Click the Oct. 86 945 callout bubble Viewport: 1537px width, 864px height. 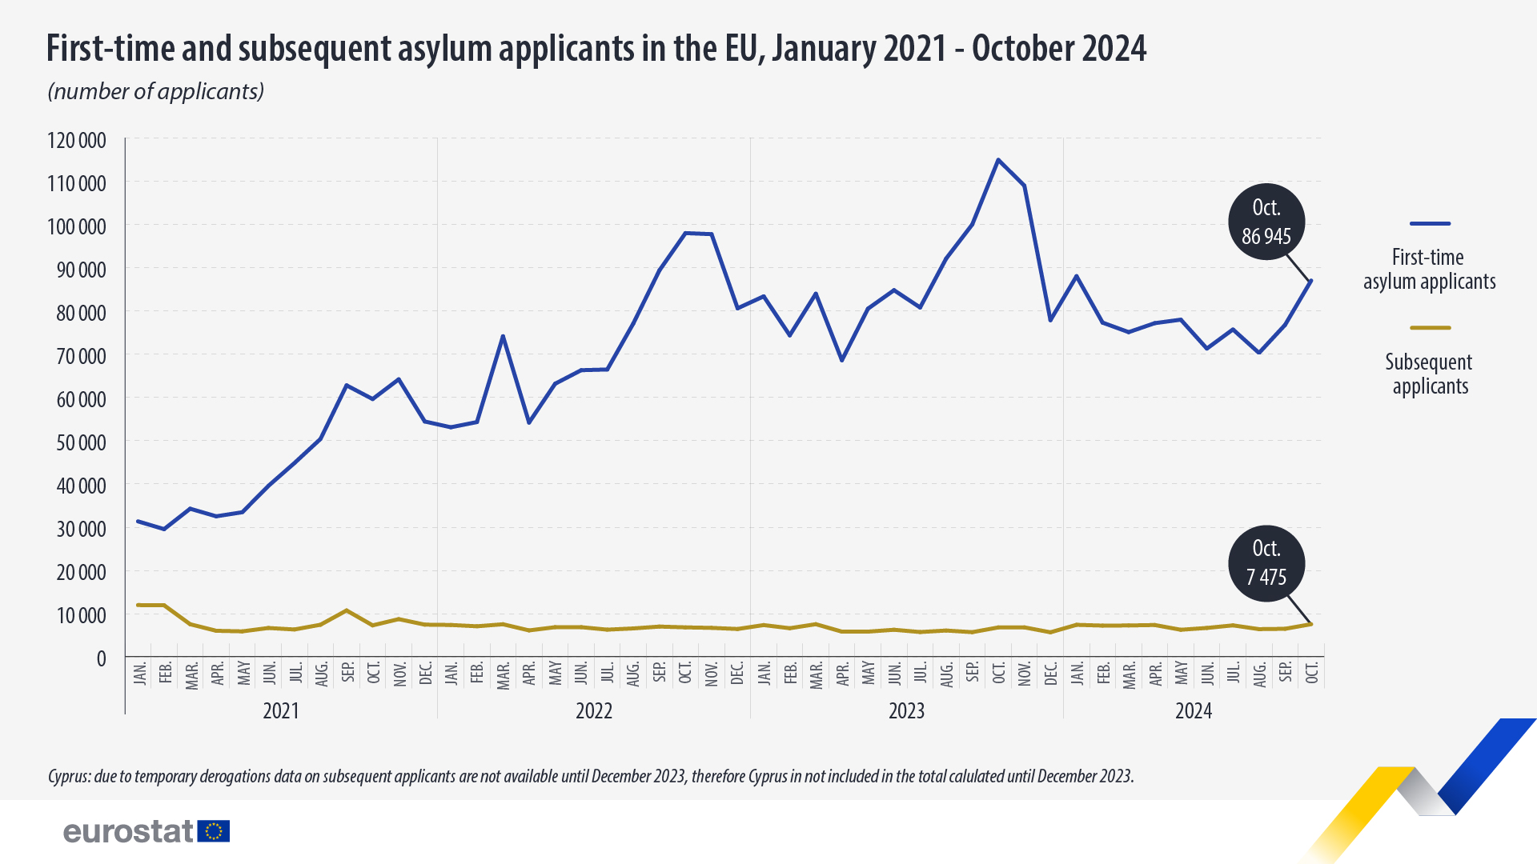[x=1266, y=222]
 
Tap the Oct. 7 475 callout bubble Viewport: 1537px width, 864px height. [x=1266, y=563]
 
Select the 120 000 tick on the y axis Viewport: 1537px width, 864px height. [x=77, y=141]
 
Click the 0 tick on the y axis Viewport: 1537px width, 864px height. [x=101, y=658]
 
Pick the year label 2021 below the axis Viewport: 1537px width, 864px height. [x=281, y=711]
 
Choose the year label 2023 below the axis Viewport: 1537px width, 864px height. [x=906, y=711]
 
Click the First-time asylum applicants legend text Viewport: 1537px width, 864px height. [x=1429, y=270]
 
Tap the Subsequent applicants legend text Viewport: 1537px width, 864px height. [x=1430, y=374]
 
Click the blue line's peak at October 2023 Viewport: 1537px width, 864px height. [x=997, y=160]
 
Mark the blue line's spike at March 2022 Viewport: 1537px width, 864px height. [x=503, y=336]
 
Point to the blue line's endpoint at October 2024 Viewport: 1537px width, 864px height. [x=1310, y=281]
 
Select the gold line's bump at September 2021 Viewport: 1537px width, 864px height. [x=347, y=610]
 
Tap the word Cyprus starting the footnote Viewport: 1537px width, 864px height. [x=69, y=776]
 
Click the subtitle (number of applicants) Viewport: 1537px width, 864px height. [x=156, y=91]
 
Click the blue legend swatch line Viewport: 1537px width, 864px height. [x=1430, y=224]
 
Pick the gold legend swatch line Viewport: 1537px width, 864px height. [x=1430, y=328]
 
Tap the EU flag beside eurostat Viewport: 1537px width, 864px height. [x=214, y=831]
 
